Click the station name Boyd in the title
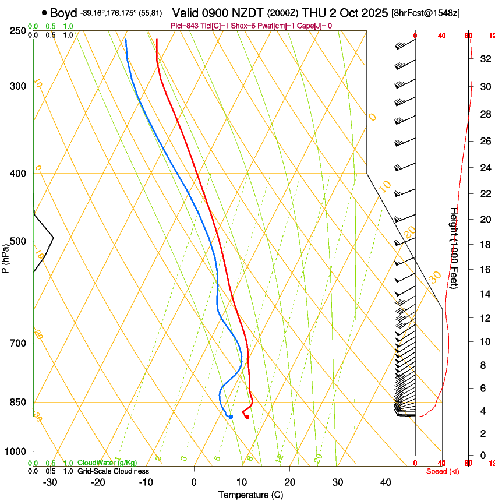(63, 13)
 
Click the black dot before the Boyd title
(44, 13)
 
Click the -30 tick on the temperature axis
(50, 482)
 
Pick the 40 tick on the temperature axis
(386, 482)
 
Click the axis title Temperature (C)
(250, 495)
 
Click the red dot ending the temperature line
(247, 417)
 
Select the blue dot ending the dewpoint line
(231, 417)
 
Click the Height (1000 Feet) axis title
(454, 248)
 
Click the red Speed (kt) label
(443, 471)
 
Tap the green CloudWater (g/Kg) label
(107, 463)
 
